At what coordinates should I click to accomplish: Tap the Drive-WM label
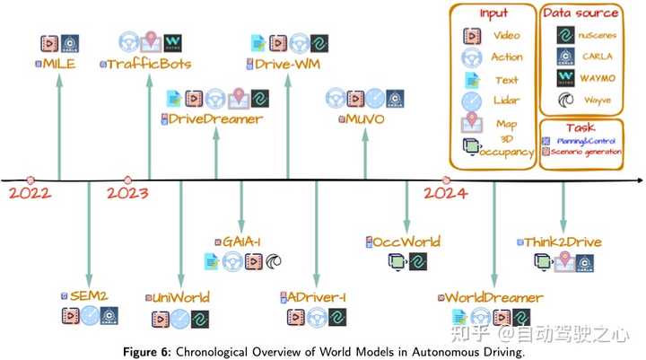[x=287, y=64]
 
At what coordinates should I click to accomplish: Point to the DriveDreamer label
[x=215, y=119]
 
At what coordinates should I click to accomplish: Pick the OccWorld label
[x=408, y=241]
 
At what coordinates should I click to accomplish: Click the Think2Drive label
[x=564, y=241]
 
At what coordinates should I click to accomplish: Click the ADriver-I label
[x=314, y=297]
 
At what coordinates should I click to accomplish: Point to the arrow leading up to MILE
[x=59, y=126]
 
